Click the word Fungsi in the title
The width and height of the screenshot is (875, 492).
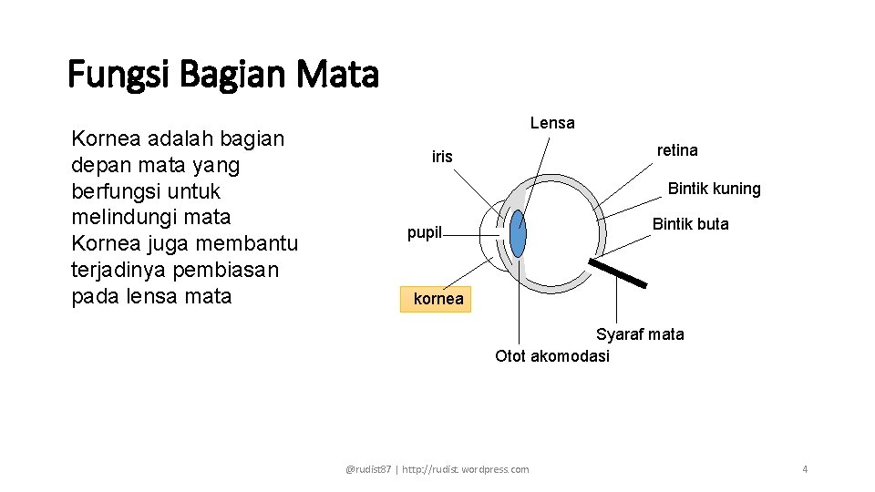(119, 75)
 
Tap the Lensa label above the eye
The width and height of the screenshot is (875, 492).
(552, 123)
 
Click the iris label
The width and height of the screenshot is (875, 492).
(442, 157)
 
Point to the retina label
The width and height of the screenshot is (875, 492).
(677, 150)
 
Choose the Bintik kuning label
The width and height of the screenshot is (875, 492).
(714, 189)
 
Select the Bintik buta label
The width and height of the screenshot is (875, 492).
(690, 224)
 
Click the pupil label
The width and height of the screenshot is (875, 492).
(424, 232)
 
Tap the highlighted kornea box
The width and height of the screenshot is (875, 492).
(437, 299)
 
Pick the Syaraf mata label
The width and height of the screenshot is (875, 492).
(640, 334)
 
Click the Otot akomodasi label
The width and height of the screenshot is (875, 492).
(552, 356)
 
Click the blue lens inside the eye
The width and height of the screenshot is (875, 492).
(518, 234)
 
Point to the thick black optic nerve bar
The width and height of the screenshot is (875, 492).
(618, 273)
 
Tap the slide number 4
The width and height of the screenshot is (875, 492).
(805, 469)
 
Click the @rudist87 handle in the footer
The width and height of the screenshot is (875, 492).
(368, 469)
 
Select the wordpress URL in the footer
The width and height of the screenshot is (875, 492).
(465, 469)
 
